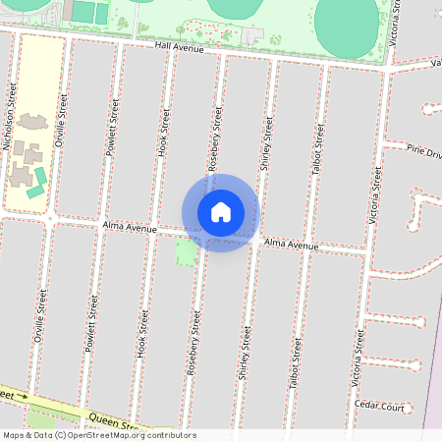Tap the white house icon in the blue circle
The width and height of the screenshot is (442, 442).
click(221, 212)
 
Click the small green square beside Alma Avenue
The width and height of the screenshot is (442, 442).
click(185, 252)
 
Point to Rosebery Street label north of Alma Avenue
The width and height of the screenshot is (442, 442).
click(216, 138)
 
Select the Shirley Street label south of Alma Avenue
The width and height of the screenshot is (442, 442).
click(245, 353)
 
